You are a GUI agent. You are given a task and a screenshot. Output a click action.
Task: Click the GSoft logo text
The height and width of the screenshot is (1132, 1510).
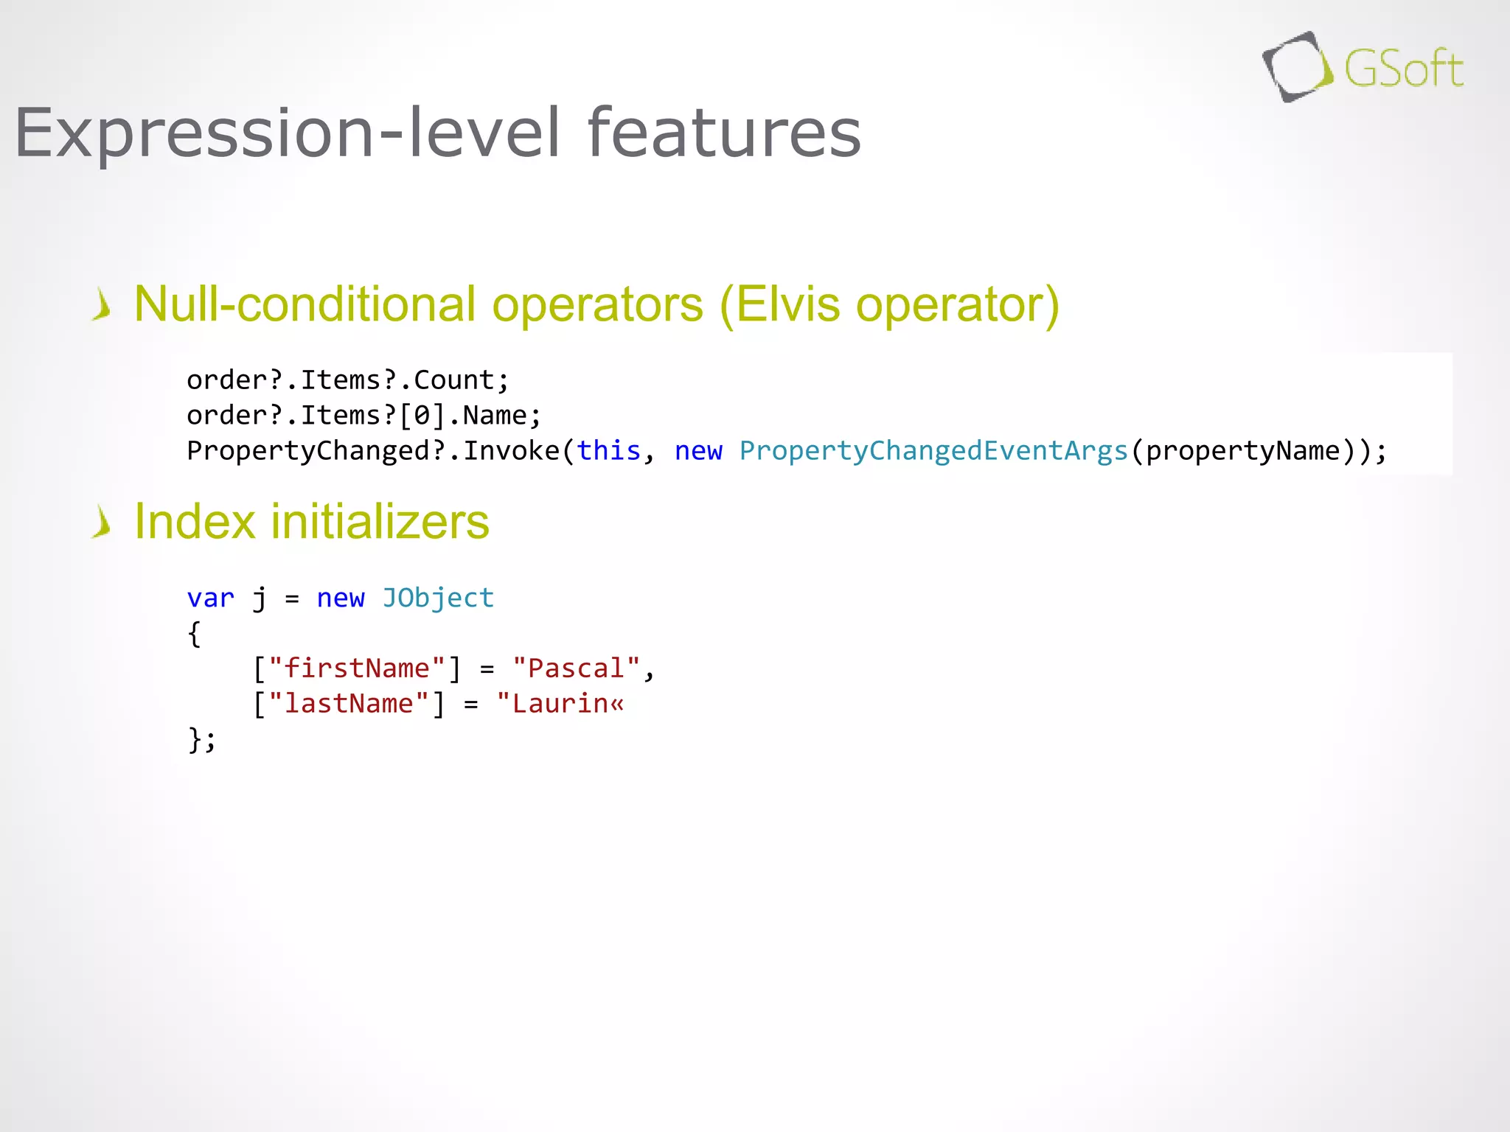tap(1403, 69)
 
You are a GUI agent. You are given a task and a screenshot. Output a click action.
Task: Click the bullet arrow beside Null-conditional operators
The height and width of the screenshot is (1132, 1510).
tap(102, 305)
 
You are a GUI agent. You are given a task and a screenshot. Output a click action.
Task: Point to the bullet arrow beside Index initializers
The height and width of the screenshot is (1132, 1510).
tap(102, 523)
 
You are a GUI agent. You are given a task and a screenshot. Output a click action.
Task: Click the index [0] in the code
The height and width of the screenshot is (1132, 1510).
tap(422, 416)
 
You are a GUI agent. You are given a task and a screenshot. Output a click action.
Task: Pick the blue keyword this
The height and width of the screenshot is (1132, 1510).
tap(608, 450)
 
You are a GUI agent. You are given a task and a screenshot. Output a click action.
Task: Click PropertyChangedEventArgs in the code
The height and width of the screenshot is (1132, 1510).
tap(933, 450)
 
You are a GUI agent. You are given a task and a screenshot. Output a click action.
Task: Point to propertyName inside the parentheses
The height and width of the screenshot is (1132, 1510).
tap(1242, 450)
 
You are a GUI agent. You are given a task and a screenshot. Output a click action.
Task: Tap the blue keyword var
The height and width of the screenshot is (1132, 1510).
tap(210, 598)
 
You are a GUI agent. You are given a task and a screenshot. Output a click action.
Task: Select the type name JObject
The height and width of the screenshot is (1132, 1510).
tap(438, 598)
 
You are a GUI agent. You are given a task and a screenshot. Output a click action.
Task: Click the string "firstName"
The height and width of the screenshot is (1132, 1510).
tap(356, 668)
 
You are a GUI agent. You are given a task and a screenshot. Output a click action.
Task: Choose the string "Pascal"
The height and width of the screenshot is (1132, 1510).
tap(576, 668)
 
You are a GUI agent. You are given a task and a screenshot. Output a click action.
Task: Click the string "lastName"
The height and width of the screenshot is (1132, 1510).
tap(348, 704)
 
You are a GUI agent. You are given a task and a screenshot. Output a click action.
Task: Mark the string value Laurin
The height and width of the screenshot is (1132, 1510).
tap(560, 704)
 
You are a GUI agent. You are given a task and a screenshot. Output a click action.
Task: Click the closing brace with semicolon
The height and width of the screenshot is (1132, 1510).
tap(201, 739)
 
